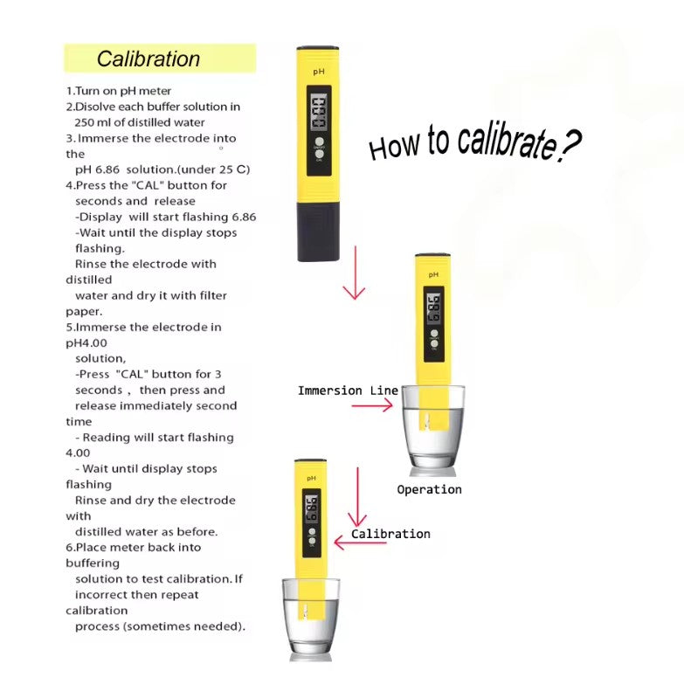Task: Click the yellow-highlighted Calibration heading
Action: point(149,59)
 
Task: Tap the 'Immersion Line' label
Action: point(348,390)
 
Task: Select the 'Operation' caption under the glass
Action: point(429,490)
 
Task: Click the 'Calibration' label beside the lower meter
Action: point(390,534)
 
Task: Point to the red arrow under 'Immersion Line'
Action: point(371,406)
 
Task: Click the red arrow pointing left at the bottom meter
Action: point(360,542)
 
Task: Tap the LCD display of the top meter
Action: point(319,113)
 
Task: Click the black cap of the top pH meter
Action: point(319,231)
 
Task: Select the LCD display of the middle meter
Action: point(433,308)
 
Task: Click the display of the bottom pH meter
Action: point(312,508)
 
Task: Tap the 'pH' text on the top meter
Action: point(319,72)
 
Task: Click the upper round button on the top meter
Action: point(320,142)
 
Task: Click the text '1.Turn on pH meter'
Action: point(119,91)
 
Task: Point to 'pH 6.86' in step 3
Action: point(97,169)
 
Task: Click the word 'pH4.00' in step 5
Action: point(86,342)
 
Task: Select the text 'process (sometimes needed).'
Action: point(160,626)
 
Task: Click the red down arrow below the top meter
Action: point(355,273)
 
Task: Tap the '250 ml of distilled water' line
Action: point(140,122)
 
